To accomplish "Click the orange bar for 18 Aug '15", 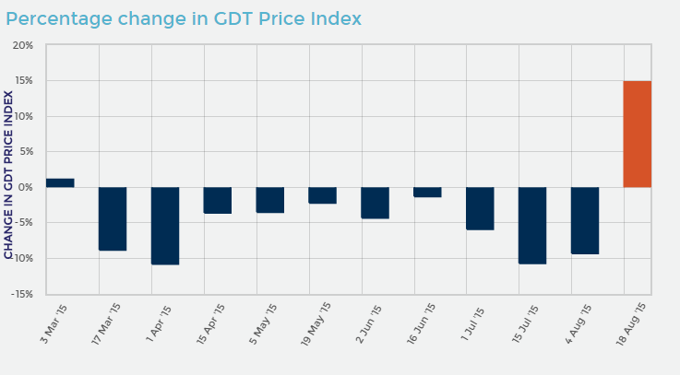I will pos(637,134).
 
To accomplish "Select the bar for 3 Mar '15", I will pos(60,182).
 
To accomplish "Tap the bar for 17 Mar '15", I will pos(113,218).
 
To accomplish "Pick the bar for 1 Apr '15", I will pos(165,226).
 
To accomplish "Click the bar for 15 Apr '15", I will pos(218,200).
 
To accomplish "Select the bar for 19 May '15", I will pos(322,195).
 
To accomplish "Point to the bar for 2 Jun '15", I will pos(375,203).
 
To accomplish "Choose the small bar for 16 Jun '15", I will pos(427,192).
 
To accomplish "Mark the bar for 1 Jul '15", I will pos(480,208).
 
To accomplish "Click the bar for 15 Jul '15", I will pos(532,225).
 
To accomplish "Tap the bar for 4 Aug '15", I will pos(585,220).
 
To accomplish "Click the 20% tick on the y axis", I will pos(23,45).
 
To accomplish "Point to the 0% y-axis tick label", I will pos(26,187).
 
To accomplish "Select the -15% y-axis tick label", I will pos(21,294).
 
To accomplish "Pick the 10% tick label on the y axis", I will pos(23,116).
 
